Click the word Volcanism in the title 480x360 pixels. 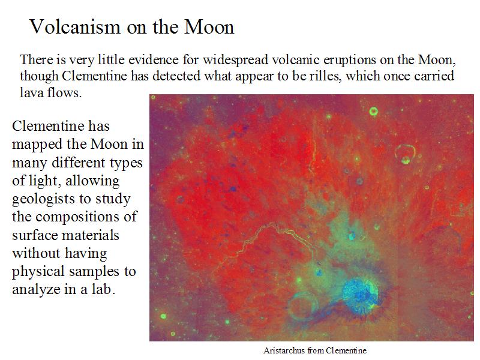(x=75, y=26)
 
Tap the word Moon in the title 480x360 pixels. (x=209, y=26)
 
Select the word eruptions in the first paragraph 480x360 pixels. (x=350, y=60)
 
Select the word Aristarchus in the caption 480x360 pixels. (x=284, y=350)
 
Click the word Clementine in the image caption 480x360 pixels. (x=346, y=350)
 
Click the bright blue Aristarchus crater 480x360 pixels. (x=361, y=295)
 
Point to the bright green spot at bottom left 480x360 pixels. (x=163, y=316)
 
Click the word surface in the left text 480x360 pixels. (x=34, y=235)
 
